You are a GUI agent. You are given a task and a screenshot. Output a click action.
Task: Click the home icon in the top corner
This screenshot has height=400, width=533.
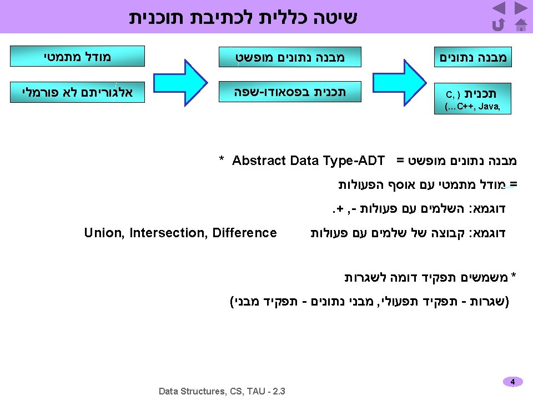click(521, 24)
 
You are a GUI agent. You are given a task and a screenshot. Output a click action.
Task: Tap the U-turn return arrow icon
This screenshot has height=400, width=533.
click(498, 24)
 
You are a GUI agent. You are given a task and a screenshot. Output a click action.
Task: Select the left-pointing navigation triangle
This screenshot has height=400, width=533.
click(499, 8)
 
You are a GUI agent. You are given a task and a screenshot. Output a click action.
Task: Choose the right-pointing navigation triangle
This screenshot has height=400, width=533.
click(521, 8)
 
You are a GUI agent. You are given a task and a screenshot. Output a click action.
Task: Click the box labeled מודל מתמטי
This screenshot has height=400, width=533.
click(78, 56)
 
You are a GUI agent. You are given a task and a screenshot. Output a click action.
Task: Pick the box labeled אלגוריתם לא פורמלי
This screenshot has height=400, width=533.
click(78, 92)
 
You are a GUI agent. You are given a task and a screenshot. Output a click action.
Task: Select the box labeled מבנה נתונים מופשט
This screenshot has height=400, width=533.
click(290, 57)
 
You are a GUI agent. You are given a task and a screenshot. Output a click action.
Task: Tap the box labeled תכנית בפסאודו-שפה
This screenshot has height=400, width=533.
click(290, 92)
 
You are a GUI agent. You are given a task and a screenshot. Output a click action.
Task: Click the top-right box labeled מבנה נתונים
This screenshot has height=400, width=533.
click(473, 57)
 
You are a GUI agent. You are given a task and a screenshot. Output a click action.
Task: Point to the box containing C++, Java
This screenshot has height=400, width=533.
click(473, 99)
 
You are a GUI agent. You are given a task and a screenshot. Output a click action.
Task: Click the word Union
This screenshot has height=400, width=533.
click(104, 233)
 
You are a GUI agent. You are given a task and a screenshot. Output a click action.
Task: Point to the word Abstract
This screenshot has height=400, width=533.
click(258, 161)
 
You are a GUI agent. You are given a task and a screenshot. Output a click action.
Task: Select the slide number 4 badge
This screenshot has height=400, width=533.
click(512, 382)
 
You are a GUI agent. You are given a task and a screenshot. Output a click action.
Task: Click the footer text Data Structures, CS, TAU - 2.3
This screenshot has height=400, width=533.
click(222, 391)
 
